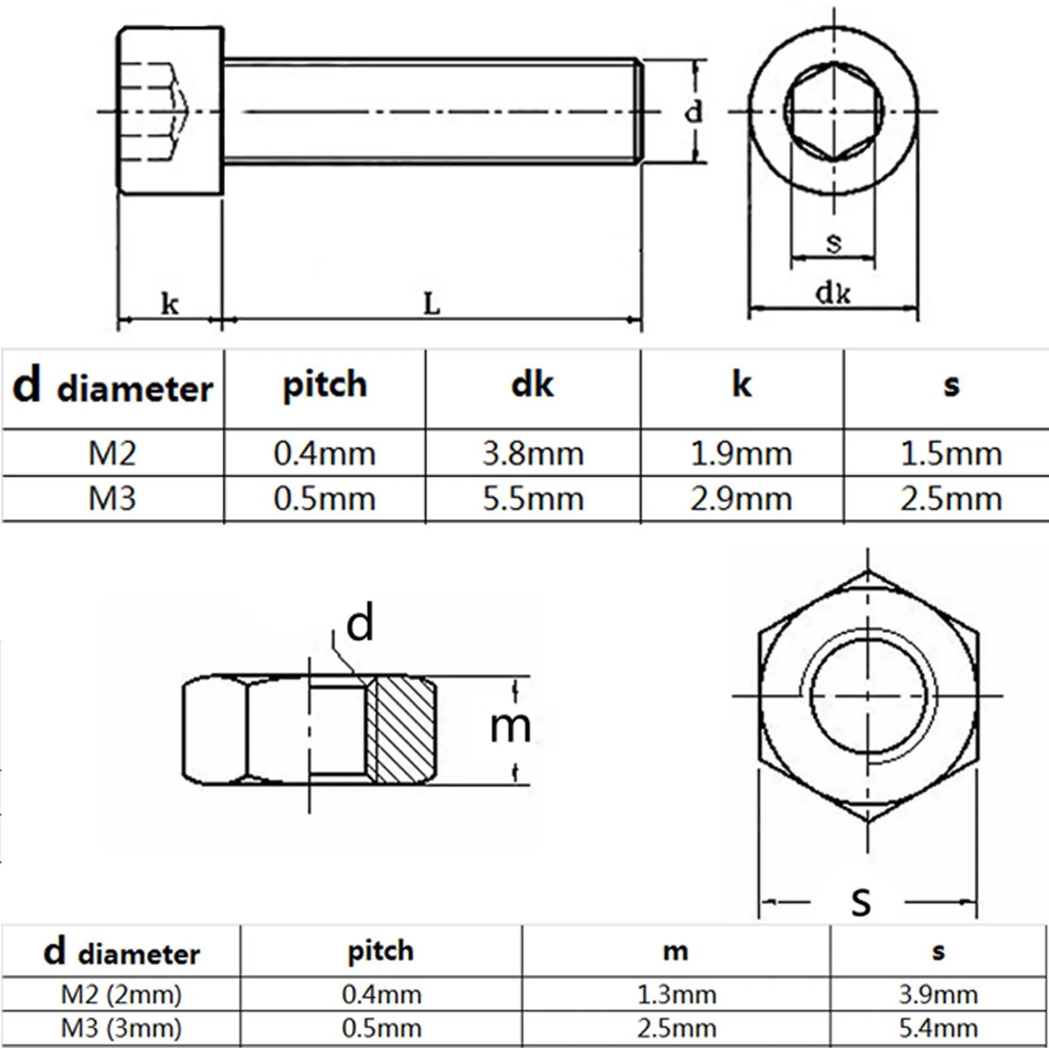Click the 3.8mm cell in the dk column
[533, 454]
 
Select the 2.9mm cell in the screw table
[741, 500]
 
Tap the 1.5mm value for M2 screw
[951, 454]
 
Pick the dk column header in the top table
[532, 385]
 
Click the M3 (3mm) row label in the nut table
[121, 1028]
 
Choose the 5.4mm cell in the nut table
[938, 1028]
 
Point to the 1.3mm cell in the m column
[677, 995]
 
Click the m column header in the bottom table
[675, 951]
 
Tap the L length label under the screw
[431, 304]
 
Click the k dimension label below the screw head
[170, 304]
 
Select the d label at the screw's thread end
[693, 112]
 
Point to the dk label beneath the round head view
[833, 292]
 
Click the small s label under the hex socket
[833, 243]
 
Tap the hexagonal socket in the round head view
[833, 111]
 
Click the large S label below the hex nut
[861, 901]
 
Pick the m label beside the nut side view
[510, 727]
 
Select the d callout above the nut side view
[359, 623]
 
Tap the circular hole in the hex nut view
[868, 695]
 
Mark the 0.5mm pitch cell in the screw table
[325, 500]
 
